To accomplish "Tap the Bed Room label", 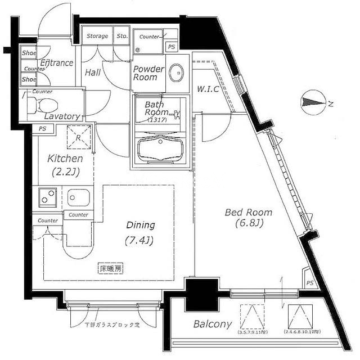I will click(248, 213).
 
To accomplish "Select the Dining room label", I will click(140, 225).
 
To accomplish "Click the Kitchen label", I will click(65, 159).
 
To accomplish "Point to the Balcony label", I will click(213, 324).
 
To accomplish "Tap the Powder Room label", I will click(148, 73).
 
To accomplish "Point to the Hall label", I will click(93, 73).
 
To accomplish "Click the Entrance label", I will click(57, 63).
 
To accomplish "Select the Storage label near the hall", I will click(97, 37).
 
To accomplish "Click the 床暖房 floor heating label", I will click(111, 268).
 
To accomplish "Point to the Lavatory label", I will click(62, 116).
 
